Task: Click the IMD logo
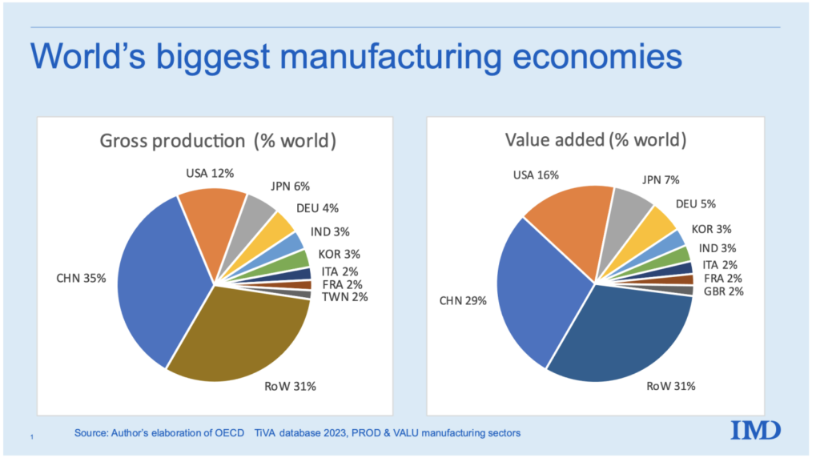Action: (755, 430)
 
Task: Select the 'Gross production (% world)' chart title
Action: (217, 141)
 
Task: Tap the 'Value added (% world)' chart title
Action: (596, 141)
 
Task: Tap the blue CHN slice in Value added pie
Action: (533, 288)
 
